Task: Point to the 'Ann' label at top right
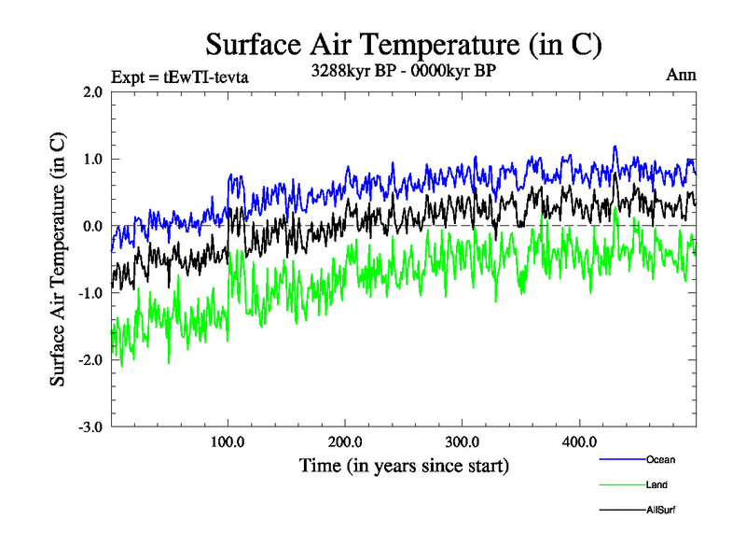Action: tap(681, 75)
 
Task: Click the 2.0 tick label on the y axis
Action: tap(92, 92)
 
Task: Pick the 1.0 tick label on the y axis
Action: tap(92, 160)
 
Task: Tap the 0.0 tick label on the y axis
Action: tap(92, 226)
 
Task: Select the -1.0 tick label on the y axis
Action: tap(90, 293)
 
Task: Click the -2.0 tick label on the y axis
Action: tap(90, 360)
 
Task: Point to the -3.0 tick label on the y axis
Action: tap(90, 427)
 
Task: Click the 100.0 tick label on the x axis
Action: tap(228, 441)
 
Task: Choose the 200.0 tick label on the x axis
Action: tap(346, 441)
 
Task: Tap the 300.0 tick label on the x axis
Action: tap(463, 441)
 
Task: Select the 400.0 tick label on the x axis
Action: tap(580, 441)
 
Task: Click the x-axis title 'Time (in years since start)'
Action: tap(404, 464)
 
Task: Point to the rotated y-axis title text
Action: tap(58, 259)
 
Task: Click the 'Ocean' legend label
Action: tap(660, 459)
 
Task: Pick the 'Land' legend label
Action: tap(656, 484)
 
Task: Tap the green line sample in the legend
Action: tap(621, 484)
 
